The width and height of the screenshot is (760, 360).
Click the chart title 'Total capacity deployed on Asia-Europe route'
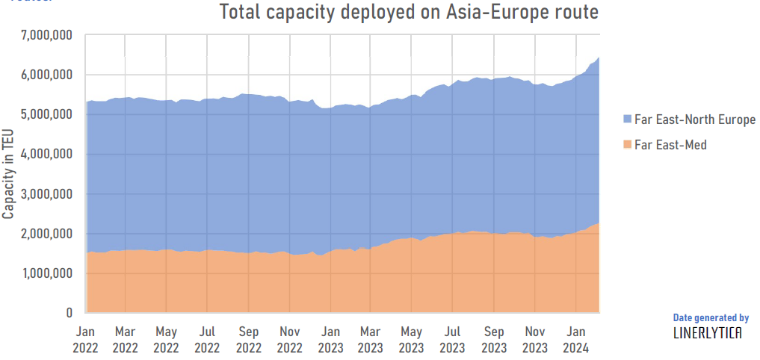coord(409,13)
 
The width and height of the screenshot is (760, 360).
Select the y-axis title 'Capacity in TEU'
coord(8,173)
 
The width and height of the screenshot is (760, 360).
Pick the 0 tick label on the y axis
coord(68,313)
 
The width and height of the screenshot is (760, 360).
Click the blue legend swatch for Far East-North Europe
coord(627,120)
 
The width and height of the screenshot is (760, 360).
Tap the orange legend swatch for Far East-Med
coord(627,145)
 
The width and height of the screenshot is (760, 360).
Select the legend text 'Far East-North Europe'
coord(695,120)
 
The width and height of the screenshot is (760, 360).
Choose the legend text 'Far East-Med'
coord(670,145)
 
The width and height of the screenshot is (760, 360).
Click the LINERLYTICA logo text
coord(708,333)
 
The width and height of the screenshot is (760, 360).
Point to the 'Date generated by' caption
coord(711,317)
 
